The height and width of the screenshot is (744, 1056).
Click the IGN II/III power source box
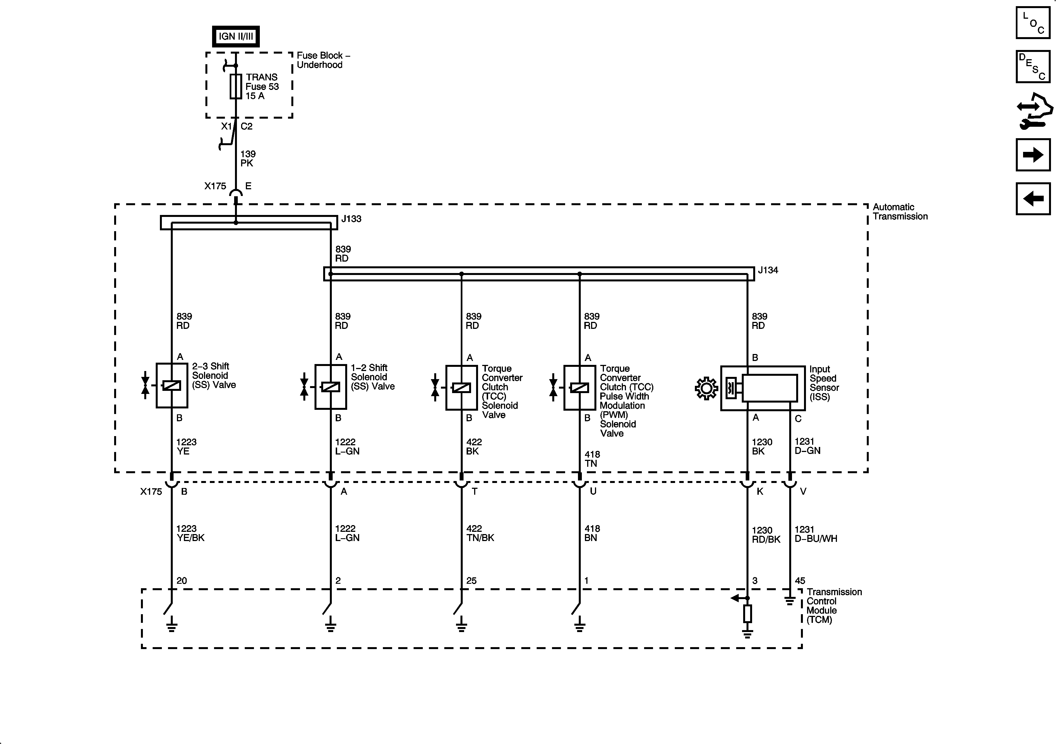[236, 36]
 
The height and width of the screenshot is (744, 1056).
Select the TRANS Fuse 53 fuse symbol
[236, 87]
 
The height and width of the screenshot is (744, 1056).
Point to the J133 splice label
[351, 219]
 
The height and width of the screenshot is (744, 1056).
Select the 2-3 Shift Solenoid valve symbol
[172, 386]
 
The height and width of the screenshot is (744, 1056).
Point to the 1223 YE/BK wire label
[190, 533]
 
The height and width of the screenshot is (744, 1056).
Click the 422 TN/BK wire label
[480, 533]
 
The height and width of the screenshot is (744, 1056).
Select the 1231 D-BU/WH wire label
[815, 534]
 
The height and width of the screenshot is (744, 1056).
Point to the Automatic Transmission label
[900, 212]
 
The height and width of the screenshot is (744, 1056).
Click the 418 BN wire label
[592, 533]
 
